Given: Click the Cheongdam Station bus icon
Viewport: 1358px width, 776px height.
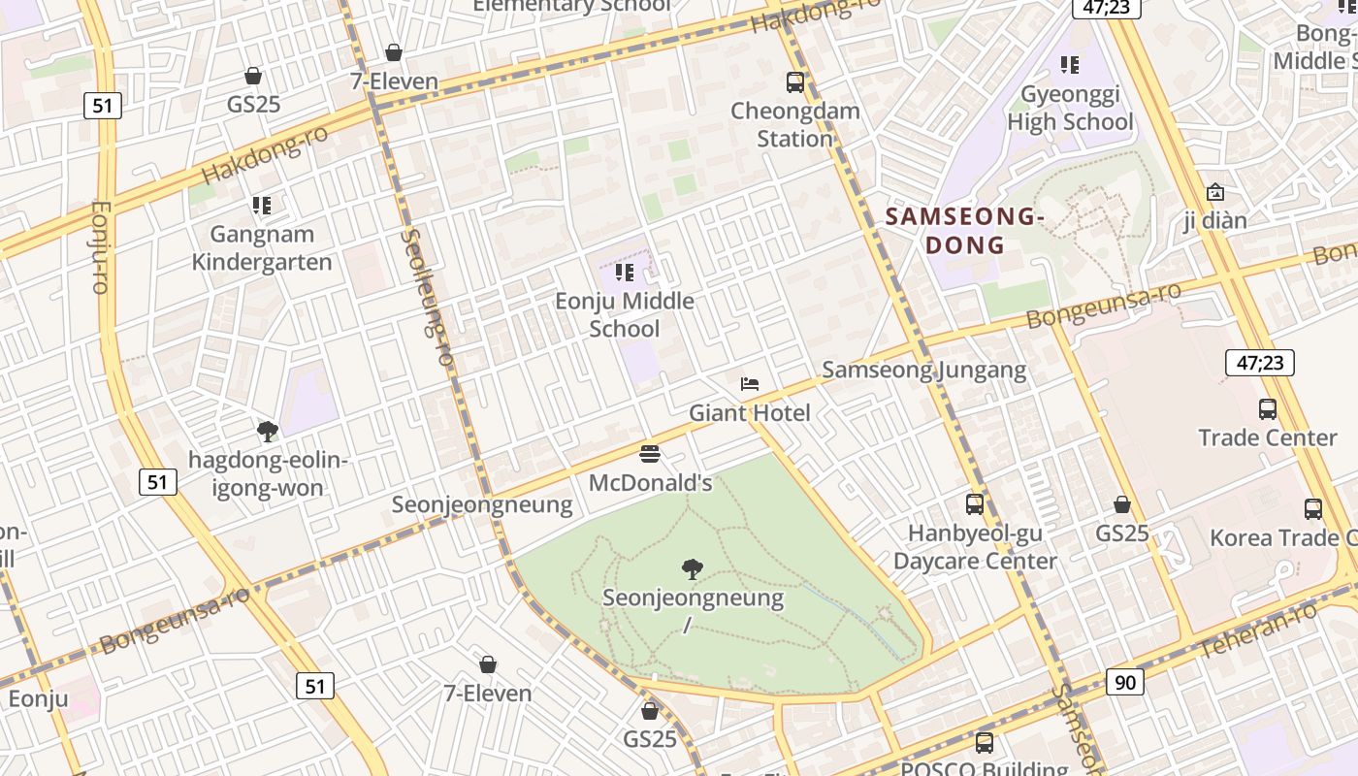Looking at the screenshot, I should [x=795, y=82].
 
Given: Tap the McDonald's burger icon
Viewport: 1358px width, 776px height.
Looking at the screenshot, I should [x=650, y=454].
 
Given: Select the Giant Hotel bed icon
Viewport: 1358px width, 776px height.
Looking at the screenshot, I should [x=750, y=384].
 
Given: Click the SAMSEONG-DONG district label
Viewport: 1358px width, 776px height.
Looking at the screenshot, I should [x=964, y=231].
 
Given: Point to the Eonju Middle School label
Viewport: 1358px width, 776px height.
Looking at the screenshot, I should [x=625, y=314].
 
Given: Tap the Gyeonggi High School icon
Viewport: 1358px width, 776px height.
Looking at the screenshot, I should [x=1070, y=65].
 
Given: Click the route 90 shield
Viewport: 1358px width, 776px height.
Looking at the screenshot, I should [x=1124, y=683].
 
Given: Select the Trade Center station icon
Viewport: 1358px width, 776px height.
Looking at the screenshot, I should [x=1268, y=409].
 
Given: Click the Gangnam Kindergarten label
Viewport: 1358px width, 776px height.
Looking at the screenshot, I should [x=262, y=248].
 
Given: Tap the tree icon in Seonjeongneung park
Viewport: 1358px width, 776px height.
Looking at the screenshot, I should [x=693, y=569].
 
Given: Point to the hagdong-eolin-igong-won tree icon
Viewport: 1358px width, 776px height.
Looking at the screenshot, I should [x=268, y=432].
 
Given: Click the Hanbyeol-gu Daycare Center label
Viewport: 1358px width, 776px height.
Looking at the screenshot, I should [x=975, y=547].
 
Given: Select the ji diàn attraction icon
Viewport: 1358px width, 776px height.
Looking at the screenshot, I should [x=1214, y=193].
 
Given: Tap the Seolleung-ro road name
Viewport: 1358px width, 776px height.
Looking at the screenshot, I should [x=427, y=297].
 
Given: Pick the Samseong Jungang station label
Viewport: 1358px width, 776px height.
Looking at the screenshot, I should [x=923, y=370].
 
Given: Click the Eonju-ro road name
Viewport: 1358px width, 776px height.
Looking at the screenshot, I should [x=100, y=246].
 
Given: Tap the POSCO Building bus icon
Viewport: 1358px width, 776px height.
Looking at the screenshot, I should [x=985, y=744].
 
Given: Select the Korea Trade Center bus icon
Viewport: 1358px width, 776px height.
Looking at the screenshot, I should [x=1313, y=509].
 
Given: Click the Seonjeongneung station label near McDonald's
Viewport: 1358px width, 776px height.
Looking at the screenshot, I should [x=482, y=504].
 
